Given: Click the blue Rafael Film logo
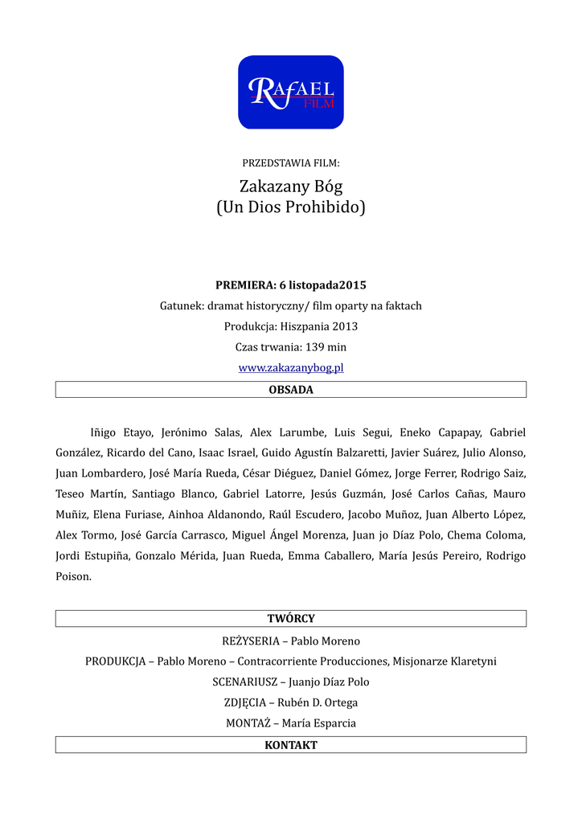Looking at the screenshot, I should coord(290,92).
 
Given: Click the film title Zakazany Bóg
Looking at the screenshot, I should coord(290,186).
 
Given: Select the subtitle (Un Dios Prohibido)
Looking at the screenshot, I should coord(290,207).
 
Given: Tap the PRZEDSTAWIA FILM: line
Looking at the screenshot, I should coord(290,163).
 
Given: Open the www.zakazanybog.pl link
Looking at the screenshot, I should coord(290,368).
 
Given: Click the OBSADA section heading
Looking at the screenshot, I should coord(290,390).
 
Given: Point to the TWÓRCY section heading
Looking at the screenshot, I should coord(290,619).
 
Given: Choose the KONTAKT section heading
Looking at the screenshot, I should coord(290,745).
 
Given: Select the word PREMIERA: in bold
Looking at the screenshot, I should coord(245,285).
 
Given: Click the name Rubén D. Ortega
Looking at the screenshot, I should coord(324,702).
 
